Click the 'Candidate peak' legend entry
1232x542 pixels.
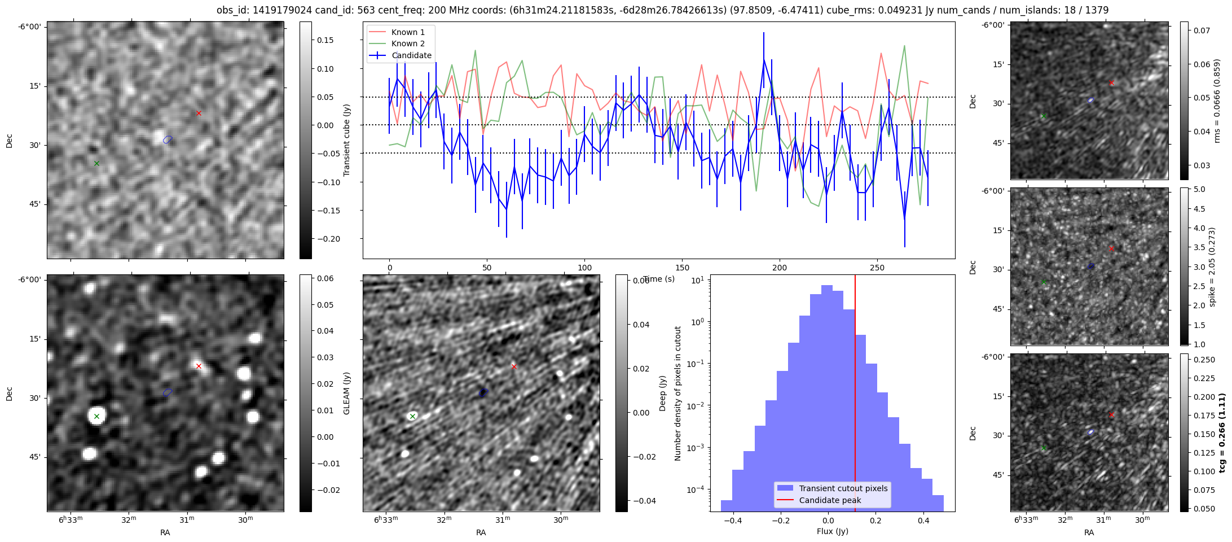tap(830, 500)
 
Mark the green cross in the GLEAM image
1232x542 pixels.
tap(96, 417)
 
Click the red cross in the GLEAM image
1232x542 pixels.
tap(199, 366)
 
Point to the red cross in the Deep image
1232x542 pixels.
tap(514, 366)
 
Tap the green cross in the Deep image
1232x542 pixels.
tap(412, 416)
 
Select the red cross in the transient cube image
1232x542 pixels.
tap(199, 113)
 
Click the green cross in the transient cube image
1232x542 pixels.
tap(96, 164)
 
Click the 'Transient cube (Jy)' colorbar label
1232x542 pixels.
tap(347, 140)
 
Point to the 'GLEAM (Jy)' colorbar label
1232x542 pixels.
tap(347, 393)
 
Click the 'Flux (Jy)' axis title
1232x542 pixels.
tap(832, 531)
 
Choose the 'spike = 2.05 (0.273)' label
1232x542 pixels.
tap(1212, 266)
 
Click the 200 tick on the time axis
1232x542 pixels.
tap(779, 268)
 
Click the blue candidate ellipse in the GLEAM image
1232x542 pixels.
tap(168, 392)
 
